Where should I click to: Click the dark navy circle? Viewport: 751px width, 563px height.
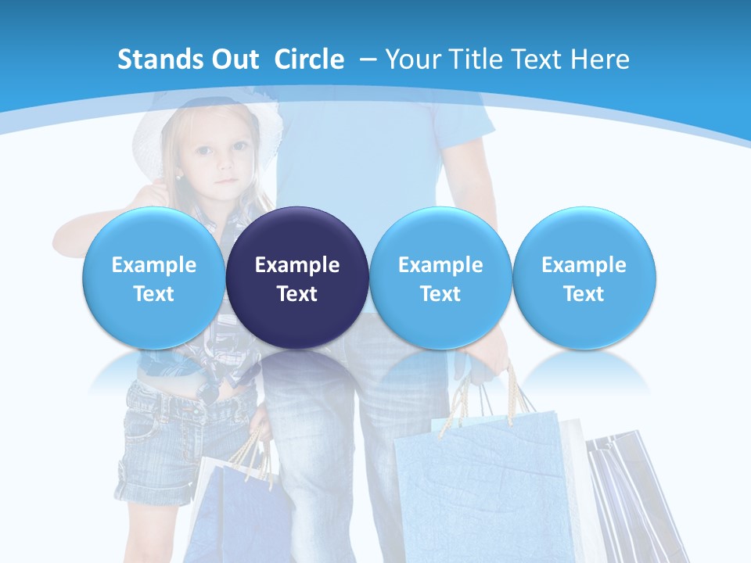(297, 278)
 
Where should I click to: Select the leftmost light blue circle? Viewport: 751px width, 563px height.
(153, 278)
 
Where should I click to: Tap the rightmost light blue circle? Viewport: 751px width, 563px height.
(584, 278)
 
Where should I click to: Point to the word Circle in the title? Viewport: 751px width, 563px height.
(309, 59)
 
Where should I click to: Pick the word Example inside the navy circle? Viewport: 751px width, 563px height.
(297, 265)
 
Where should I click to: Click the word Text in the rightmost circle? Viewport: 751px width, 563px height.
(584, 294)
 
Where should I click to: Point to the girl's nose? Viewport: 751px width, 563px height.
(225, 166)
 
